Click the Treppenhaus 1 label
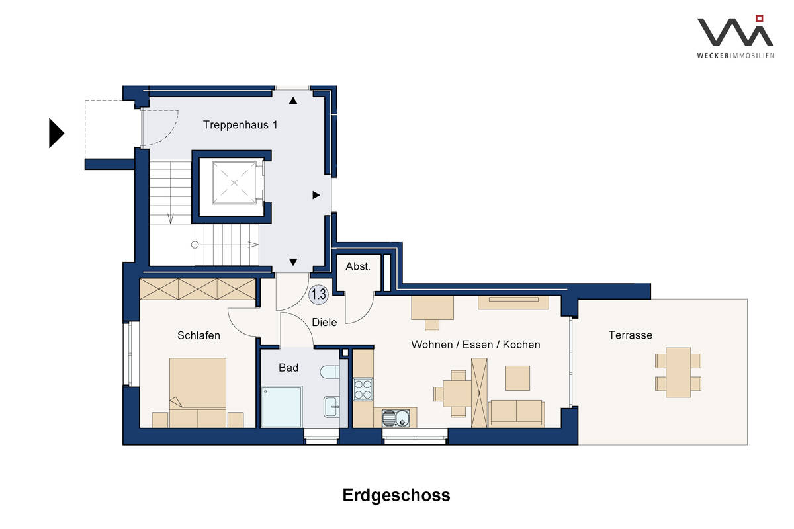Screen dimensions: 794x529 [x=240, y=125]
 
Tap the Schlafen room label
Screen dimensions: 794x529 [x=198, y=335]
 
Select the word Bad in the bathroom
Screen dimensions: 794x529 [x=288, y=368]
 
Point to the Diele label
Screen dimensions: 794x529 [x=324, y=322]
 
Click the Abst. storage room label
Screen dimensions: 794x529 [x=358, y=266]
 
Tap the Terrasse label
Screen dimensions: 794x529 [x=630, y=335]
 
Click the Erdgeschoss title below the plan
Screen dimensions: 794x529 [x=396, y=495]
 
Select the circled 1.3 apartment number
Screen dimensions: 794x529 [x=318, y=294]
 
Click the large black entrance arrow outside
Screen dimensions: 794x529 [x=56, y=133]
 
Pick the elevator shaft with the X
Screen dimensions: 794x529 [x=234, y=183]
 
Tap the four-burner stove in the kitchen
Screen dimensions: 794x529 [x=363, y=389]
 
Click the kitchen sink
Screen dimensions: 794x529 [x=396, y=418]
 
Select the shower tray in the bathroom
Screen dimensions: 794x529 [x=281, y=407]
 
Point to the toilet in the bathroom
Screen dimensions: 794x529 [x=330, y=372]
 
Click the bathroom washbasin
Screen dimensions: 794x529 [x=331, y=407]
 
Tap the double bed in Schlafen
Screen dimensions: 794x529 [x=198, y=393]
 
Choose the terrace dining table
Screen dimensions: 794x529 [x=678, y=372]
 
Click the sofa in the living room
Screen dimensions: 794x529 [x=516, y=413]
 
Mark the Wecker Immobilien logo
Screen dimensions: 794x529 [x=736, y=36]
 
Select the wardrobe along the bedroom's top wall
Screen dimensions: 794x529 [x=198, y=289]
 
